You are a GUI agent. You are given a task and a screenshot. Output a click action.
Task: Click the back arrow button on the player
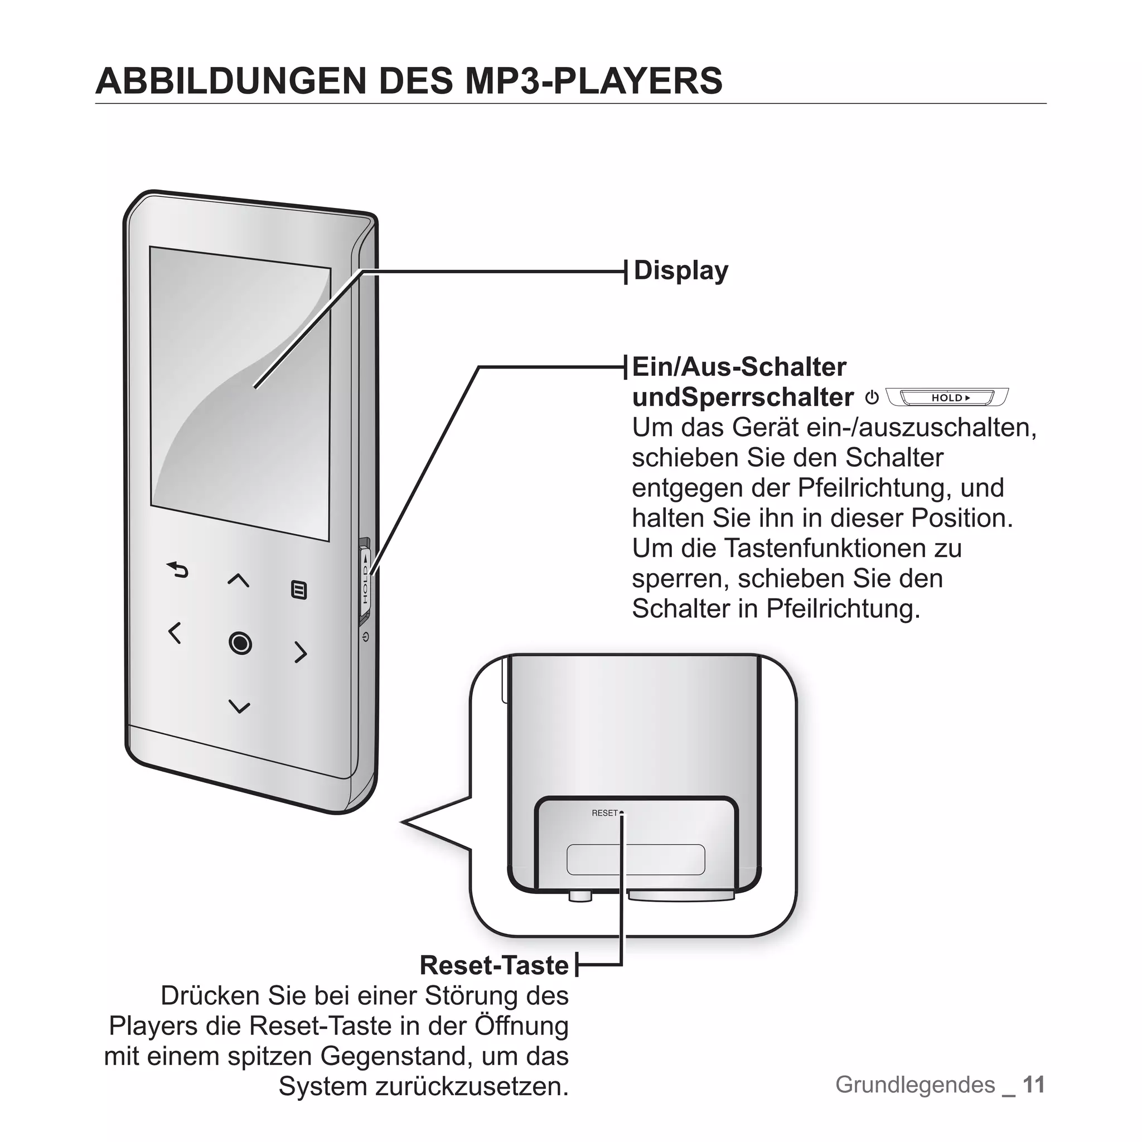click(177, 570)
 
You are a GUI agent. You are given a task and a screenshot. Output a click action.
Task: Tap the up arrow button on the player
click(238, 580)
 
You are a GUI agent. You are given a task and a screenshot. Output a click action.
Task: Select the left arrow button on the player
click(175, 633)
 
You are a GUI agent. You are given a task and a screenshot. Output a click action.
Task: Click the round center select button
click(240, 642)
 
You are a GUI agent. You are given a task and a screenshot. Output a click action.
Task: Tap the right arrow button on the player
click(301, 652)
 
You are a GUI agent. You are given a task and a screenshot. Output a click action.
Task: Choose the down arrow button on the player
click(239, 707)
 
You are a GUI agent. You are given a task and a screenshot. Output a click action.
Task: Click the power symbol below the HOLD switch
click(366, 637)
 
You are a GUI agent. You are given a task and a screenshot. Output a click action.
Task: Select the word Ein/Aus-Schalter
click(739, 367)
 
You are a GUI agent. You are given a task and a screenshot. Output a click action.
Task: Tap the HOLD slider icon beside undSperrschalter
click(947, 398)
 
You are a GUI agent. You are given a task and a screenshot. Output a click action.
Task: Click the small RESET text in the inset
click(604, 814)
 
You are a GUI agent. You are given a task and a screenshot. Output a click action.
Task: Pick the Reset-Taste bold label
click(494, 965)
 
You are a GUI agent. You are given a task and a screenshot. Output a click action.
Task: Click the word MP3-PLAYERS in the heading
click(593, 81)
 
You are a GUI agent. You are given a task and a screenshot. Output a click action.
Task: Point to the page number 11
click(1034, 1085)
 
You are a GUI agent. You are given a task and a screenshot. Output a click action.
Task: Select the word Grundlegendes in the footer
click(915, 1085)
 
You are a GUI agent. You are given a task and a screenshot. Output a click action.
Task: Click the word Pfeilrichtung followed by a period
click(844, 609)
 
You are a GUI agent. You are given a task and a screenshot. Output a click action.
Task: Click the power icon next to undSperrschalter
click(872, 398)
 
